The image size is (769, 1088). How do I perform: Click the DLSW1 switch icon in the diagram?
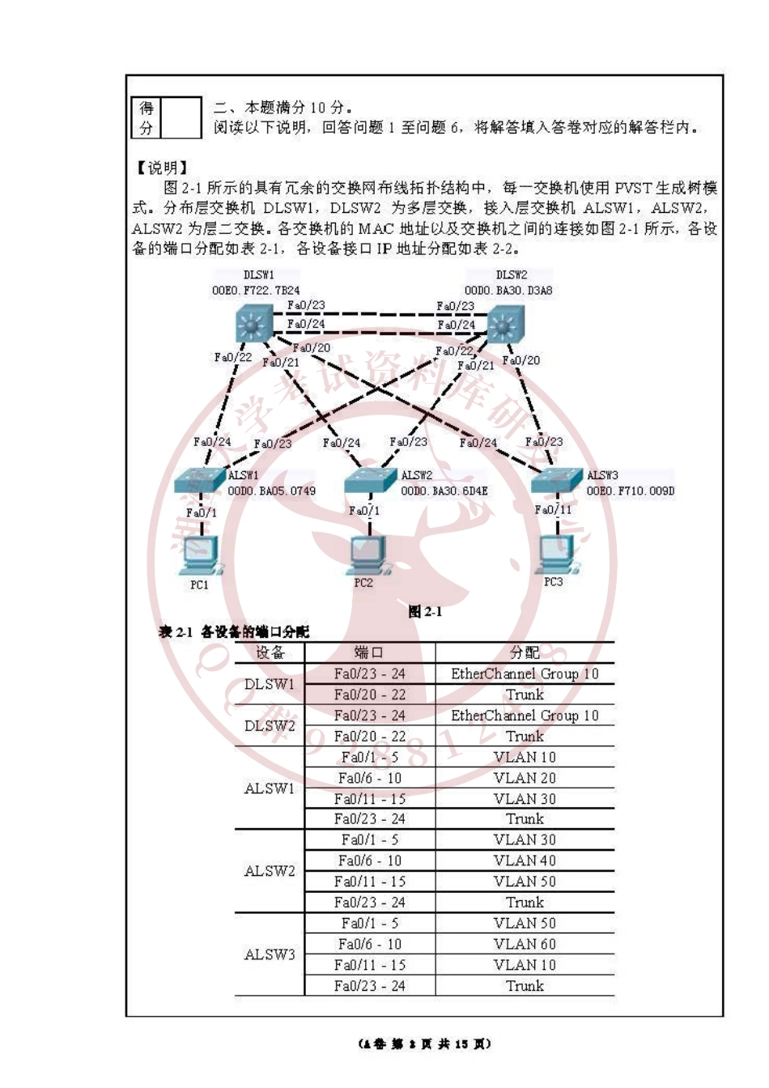pos(253,325)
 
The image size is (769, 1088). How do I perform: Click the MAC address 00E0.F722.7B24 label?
pos(256,290)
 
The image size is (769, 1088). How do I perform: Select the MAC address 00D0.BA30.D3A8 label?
pos(508,290)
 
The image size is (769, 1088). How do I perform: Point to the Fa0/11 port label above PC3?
pos(553,509)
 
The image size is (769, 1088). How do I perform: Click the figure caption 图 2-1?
pos(425,612)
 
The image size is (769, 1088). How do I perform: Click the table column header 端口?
pos(369,652)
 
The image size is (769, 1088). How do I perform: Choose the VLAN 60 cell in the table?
pos(525,944)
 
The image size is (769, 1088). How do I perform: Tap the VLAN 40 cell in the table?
pos(525,861)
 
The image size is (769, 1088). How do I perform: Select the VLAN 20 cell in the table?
pos(525,778)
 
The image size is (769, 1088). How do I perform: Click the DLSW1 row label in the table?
pos(270,684)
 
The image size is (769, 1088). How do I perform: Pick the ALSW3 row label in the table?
pos(270,954)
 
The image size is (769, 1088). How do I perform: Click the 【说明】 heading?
pos(162,168)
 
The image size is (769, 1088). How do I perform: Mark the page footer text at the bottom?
pos(424,1044)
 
